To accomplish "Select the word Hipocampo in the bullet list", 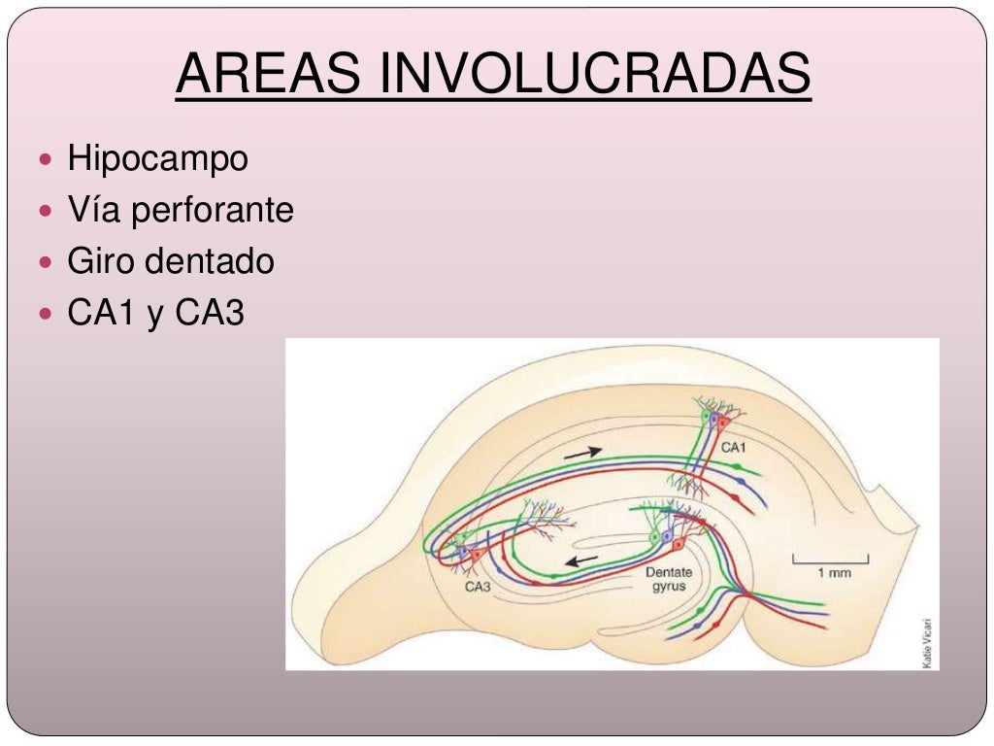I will [157, 158].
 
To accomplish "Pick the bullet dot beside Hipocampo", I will [50, 158].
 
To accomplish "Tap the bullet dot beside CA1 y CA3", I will [50, 314].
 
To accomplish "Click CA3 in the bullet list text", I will [210, 314].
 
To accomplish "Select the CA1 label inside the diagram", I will [734, 448].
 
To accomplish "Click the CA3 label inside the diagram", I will [477, 587].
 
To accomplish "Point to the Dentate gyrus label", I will [669, 580].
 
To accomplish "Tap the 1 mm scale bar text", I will [833, 573].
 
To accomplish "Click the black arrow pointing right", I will [581, 452].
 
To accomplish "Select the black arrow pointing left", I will [582, 560].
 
